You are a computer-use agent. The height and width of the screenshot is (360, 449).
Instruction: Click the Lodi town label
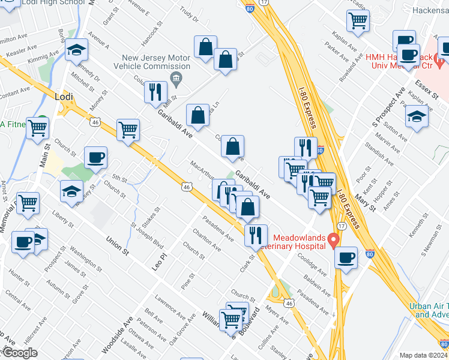64,96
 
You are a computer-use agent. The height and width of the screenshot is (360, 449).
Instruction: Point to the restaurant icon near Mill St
155,91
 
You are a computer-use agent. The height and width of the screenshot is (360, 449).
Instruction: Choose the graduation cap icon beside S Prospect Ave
417,118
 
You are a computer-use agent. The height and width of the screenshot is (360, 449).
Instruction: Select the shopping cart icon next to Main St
38,127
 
